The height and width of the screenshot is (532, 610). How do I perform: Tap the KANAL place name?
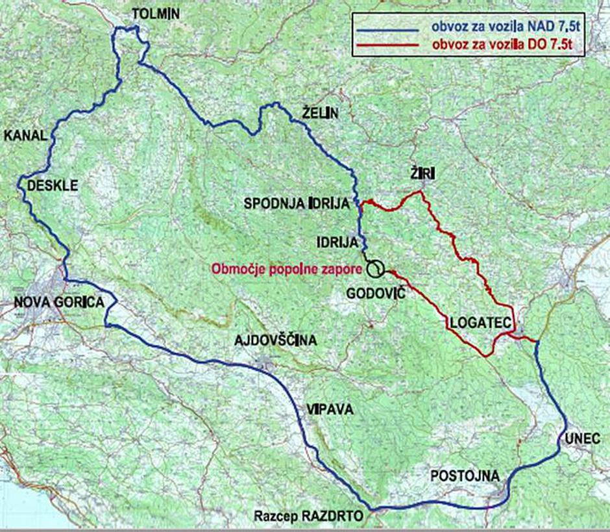(25, 136)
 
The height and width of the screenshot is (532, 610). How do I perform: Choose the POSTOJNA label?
(465, 477)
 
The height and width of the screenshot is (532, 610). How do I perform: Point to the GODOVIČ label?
(376, 294)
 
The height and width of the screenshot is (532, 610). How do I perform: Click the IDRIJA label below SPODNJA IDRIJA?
(337, 243)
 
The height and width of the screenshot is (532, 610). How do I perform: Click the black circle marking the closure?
(374, 268)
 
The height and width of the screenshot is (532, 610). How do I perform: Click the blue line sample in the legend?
(387, 30)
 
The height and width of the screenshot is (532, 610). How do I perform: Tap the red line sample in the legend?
(387, 45)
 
